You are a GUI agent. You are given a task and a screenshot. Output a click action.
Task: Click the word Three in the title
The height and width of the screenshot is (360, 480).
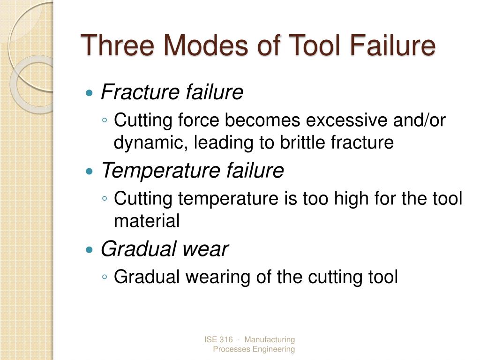click(117, 45)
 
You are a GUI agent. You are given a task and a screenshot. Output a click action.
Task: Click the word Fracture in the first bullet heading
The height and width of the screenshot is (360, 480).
click(141, 92)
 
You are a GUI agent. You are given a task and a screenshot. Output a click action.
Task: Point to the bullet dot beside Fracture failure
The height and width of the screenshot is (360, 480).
click(90, 93)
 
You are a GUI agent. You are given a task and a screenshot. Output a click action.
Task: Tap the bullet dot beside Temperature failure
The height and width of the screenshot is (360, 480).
click(90, 172)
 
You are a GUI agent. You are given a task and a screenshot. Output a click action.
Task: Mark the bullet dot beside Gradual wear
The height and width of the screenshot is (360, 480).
click(90, 250)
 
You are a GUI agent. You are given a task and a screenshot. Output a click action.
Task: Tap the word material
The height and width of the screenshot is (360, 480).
click(147, 220)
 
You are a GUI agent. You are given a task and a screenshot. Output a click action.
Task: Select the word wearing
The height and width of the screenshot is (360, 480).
click(218, 277)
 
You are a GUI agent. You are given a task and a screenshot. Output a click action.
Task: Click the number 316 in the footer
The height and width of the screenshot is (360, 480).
click(226, 339)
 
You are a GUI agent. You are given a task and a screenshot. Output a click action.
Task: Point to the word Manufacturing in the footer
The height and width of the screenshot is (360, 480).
click(270, 339)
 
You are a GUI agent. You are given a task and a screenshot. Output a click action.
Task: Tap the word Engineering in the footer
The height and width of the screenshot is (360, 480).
click(274, 349)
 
